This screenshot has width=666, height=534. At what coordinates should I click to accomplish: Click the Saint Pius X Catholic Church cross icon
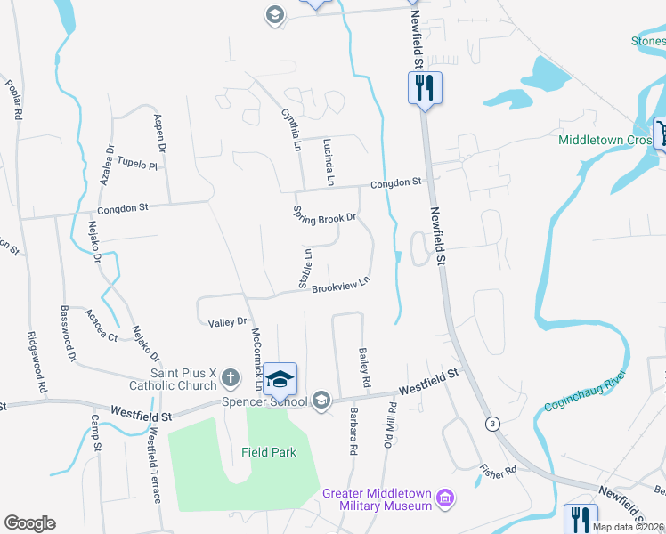tap(230, 377)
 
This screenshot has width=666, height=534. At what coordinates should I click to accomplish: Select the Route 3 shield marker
tap(491, 423)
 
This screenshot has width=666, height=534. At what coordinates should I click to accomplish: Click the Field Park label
tap(268, 452)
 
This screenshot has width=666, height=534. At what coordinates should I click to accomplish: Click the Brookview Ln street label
tap(339, 287)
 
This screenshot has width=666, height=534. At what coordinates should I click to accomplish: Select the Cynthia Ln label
tap(290, 130)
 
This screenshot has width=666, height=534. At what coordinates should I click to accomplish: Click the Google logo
tap(29, 523)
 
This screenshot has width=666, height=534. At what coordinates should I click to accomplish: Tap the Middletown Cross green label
tap(605, 140)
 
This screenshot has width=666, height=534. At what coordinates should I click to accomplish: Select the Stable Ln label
tap(306, 267)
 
